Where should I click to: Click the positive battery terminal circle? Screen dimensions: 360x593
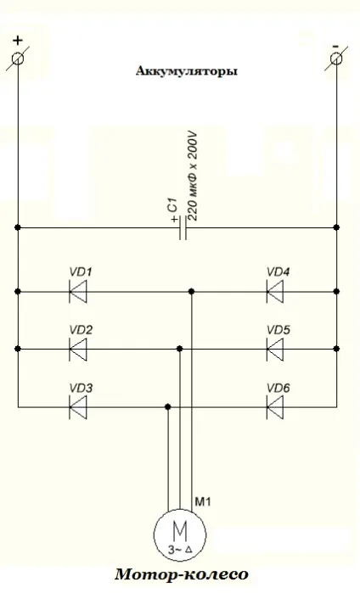(x=18, y=59)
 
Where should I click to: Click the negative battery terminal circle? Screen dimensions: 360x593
(x=336, y=59)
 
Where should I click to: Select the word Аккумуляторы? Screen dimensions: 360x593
(x=187, y=70)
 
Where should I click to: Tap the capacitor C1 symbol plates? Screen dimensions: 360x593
(x=183, y=227)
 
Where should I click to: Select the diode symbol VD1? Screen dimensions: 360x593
(x=78, y=292)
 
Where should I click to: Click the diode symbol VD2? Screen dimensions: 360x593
(x=78, y=349)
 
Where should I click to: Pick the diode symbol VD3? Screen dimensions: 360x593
(x=78, y=407)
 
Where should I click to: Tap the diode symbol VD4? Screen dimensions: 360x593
(x=275, y=292)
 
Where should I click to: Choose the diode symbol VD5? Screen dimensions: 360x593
(x=275, y=349)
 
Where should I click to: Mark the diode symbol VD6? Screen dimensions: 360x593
(x=275, y=407)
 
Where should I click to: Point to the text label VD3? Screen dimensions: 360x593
(x=81, y=388)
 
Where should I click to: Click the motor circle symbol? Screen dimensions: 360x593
(x=180, y=534)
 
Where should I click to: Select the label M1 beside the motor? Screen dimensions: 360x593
(x=203, y=501)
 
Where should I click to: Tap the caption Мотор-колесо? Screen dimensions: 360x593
(x=182, y=574)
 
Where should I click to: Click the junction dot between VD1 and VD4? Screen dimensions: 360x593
(x=192, y=291)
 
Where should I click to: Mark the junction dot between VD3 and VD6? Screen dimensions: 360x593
(x=168, y=407)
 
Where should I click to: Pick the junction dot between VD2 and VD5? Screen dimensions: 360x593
(x=180, y=349)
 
